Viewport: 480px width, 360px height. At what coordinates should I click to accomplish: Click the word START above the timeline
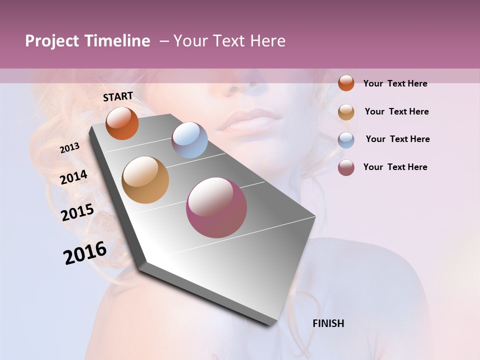pyautogui.click(x=118, y=96)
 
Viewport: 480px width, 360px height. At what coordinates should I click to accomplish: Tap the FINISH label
pyautogui.click(x=328, y=323)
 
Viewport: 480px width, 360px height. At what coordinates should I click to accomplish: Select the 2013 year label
pyautogui.click(x=70, y=148)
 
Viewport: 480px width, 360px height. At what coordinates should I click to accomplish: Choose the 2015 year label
pyautogui.click(x=77, y=212)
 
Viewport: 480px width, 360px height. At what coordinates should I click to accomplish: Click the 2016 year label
pyautogui.click(x=85, y=252)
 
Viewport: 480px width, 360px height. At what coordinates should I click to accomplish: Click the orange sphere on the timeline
pyautogui.click(x=122, y=123)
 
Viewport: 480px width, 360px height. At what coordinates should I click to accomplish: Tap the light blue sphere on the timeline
pyautogui.click(x=189, y=140)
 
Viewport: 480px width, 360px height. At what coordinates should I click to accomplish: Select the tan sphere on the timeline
pyautogui.click(x=145, y=180)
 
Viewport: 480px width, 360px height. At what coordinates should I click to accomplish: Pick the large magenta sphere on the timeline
pyautogui.click(x=216, y=207)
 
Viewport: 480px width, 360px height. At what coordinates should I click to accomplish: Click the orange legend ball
pyautogui.click(x=346, y=83)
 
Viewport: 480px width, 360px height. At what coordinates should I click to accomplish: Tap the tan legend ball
pyautogui.click(x=346, y=112)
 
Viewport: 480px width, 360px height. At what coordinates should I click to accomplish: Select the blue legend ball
pyautogui.click(x=346, y=140)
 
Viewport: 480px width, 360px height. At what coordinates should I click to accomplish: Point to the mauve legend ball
pyautogui.click(x=346, y=167)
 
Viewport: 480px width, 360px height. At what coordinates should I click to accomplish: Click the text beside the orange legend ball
pyautogui.click(x=395, y=83)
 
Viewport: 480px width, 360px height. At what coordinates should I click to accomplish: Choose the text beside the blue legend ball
pyautogui.click(x=397, y=139)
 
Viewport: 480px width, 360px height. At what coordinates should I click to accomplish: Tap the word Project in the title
pyautogui.click(x=52, y=41)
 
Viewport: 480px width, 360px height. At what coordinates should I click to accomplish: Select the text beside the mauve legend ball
pyautogui.click(x=395, y=167)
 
